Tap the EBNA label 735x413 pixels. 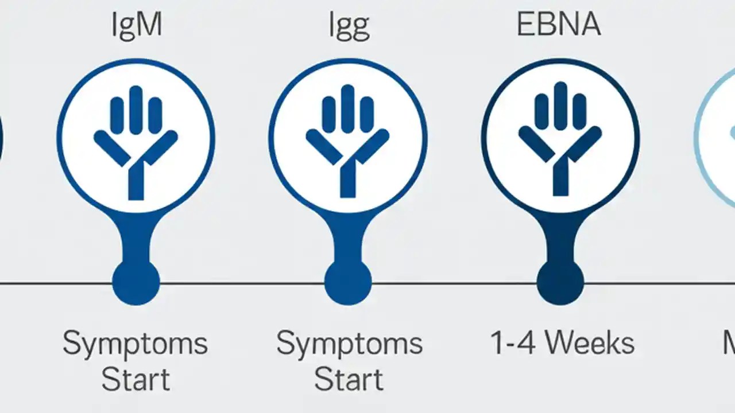[x=559, y=25]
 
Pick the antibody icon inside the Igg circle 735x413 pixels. [x=347, y=141]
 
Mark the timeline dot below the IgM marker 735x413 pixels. [x=136, y=282]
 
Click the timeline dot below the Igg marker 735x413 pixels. [x=347, y=282]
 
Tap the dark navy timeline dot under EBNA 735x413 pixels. [x=560, y=282]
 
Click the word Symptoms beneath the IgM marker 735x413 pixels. [x=136, y=344]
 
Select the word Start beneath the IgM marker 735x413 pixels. [x=136, y=380]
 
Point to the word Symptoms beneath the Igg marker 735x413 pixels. [x=349, y=344]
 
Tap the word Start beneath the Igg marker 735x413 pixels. [x=349, y=380]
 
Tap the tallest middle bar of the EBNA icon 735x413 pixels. [x=560, y=106]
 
